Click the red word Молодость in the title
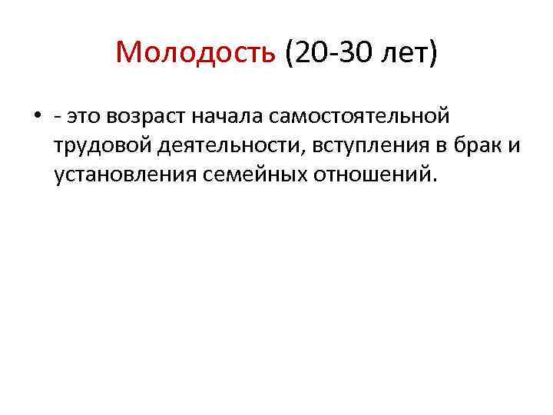196,53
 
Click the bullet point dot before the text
36,117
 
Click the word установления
125,174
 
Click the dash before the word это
58,118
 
